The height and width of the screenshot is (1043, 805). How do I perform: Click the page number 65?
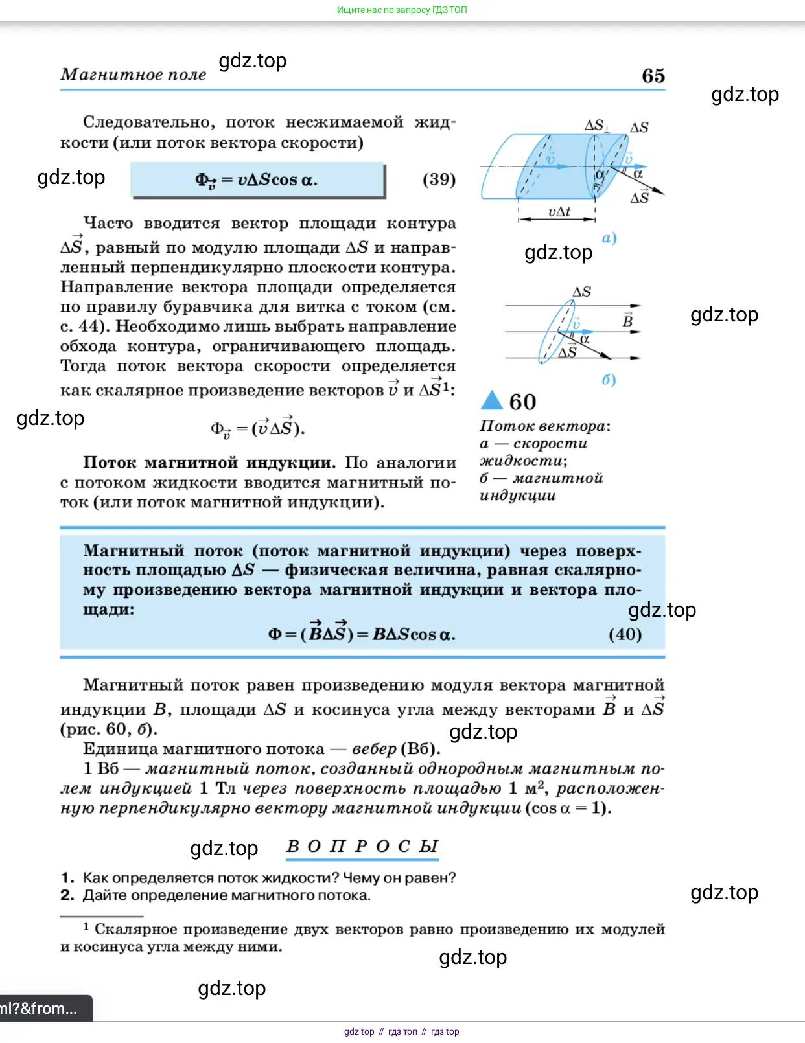pos(653,76)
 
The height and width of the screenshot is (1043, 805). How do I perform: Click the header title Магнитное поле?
pos(133,75)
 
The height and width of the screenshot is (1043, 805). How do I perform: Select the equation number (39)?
pos(439,179)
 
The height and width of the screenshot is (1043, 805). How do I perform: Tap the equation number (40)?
pos(625,634)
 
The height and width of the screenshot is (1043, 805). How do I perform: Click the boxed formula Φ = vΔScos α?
pos(257,180)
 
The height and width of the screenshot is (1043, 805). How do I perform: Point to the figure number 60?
pos(522,402)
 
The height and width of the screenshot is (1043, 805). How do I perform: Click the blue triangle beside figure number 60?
pos(492,401)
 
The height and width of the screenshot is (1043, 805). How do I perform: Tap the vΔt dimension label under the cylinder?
pos(559,212)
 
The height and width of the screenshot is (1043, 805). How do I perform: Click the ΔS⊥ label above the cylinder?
pos(596,125)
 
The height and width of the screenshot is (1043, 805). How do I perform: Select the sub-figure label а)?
pos(609,238)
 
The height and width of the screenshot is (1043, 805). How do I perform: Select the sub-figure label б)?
pos(609,380)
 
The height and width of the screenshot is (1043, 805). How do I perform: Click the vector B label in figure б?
pos(627,319)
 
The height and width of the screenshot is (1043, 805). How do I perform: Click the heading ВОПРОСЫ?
pos(362,847)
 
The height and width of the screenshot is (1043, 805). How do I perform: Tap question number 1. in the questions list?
pos(67,878)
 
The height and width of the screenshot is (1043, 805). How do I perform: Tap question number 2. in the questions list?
pos(67,895)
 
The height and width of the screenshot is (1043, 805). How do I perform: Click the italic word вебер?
pos(374,749)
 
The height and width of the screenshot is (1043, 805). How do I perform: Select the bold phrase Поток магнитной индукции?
pos(209,463)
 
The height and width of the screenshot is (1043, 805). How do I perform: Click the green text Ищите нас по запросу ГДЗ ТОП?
pos(402,10)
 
